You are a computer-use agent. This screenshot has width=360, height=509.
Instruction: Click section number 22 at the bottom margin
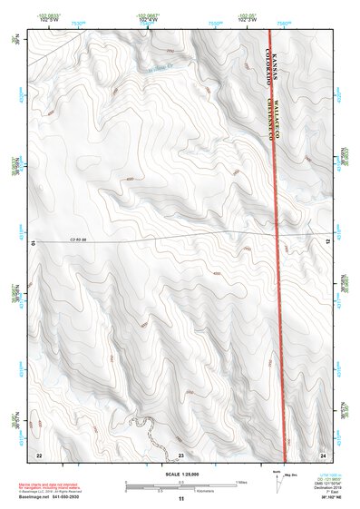pyautogui.click(x=38, y=454)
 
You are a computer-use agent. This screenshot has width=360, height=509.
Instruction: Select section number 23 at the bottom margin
pyautogui.click(x=180, y=454)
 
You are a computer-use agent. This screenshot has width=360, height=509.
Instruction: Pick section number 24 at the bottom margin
pyautogui.click(x=324, y=454)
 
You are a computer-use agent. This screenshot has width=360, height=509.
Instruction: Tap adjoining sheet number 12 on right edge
pyautogui.click(x=328, y=240)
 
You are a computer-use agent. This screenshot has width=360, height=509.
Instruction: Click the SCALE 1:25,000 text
pyautogui.click(x=181, y=473)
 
